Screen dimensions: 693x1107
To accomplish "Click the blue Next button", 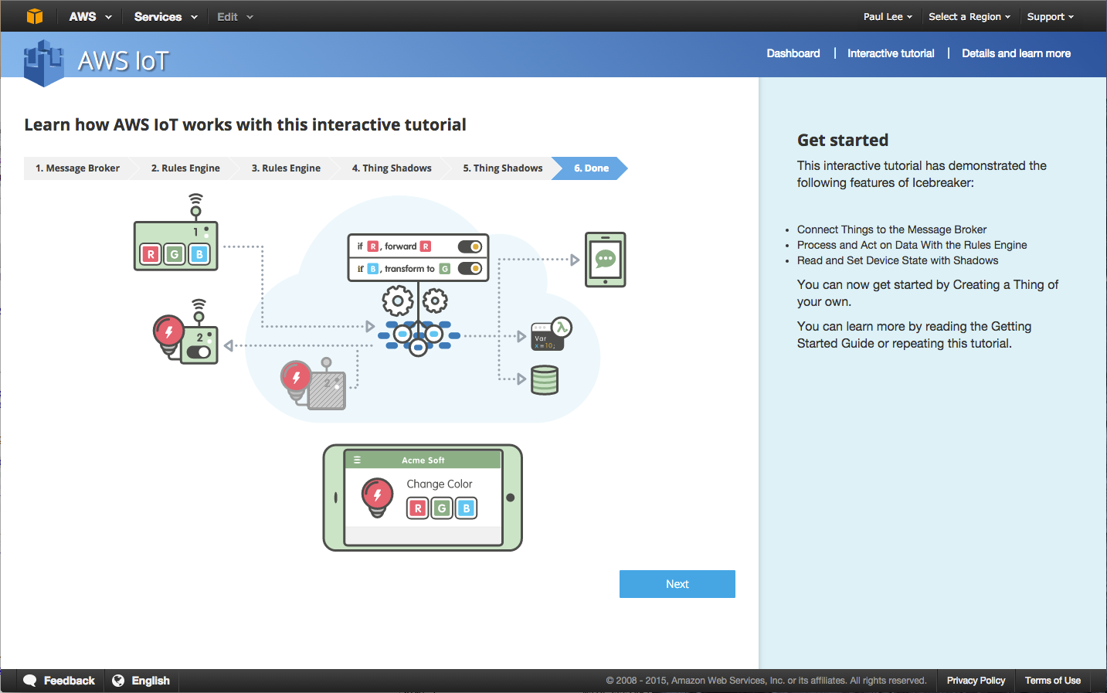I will click(x=677, y=584).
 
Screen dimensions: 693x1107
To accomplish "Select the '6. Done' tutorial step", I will click(x=591, y=168).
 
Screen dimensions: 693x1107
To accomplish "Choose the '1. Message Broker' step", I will click(x=77, y=168).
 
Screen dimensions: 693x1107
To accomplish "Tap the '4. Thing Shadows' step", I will click(x=392, y=168).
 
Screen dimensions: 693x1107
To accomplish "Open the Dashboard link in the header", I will click(x=793, y=53).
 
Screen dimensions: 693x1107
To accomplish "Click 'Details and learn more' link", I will click(x=1016, y=53).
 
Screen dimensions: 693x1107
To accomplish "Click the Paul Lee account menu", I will click(x=888, y=16).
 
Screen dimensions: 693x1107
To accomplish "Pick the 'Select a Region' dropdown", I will click(x=969, y=16).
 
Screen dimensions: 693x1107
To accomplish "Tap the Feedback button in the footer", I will click(x=59, y=681).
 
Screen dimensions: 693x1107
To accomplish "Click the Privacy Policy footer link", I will click(x=976, y=681).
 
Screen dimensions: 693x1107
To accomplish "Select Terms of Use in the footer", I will click(x=1052, y=681).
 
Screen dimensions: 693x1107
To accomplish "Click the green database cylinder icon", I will click(x=545, y=380).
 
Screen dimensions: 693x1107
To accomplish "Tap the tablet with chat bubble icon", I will click(x=605, y=260).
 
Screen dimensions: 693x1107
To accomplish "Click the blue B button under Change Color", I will click(x=466, y=508).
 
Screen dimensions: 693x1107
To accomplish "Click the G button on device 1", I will click(x=175, y=253).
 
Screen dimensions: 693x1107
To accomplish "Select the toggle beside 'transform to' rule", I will click(x=470, y=268).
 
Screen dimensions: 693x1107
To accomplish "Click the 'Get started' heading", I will click(x=842, y=141).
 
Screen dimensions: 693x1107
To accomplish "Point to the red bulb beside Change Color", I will click(x=377, y=496).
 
